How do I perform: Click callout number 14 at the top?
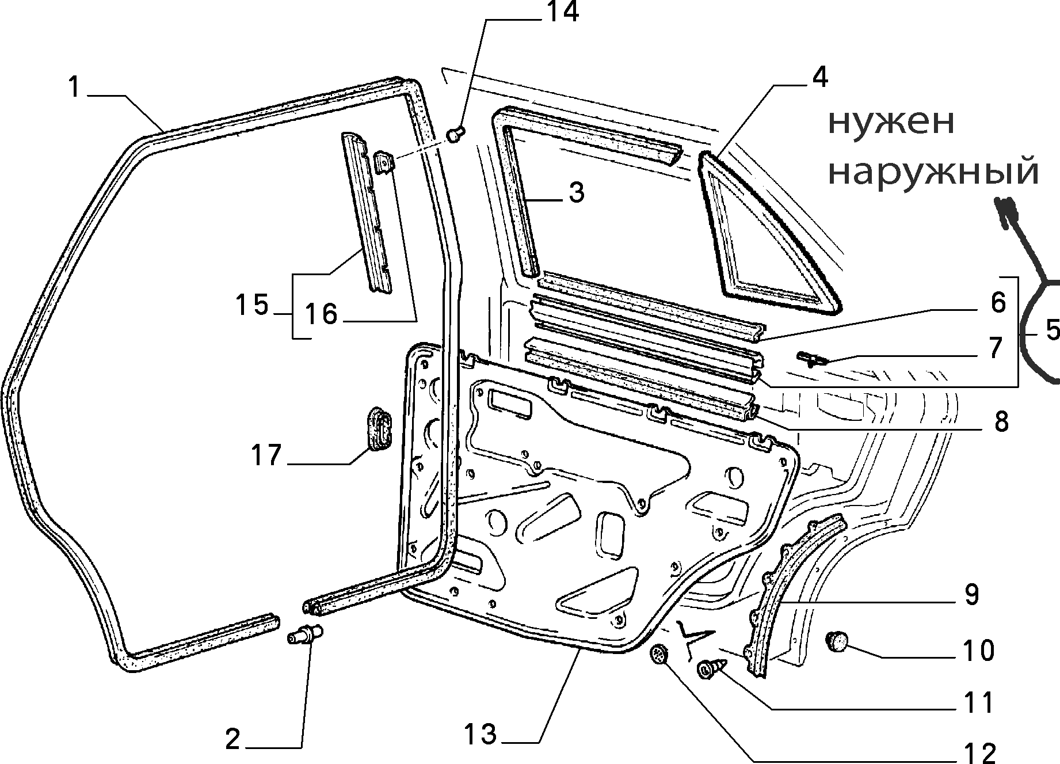point(562,12)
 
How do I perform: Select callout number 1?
point(73,88)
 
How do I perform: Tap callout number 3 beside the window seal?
point(576,193)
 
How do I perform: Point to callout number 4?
point(819,77)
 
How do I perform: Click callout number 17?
point(266,455)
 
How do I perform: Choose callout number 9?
point(971,594)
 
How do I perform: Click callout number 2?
point(232,739)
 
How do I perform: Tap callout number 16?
point(321,314)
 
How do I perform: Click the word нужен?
point(891,123)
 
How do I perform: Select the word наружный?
point(933,171)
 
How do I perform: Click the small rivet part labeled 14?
point(455,135)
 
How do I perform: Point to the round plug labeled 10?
point(838,640)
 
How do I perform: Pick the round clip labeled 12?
point(658,655)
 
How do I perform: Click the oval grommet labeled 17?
point(379,427)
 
